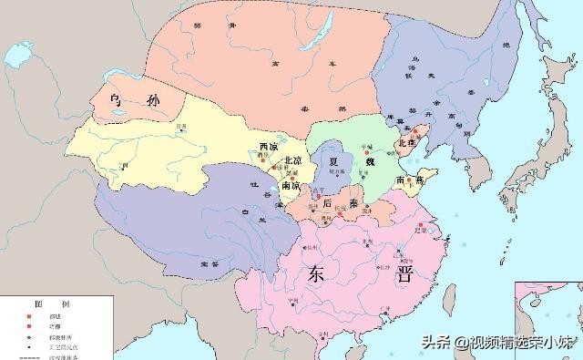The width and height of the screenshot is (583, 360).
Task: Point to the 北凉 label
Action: tap(293, 161)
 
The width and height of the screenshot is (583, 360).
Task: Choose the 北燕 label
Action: tap(407, 144)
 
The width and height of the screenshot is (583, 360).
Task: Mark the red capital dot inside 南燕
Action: tap(419, 181)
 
